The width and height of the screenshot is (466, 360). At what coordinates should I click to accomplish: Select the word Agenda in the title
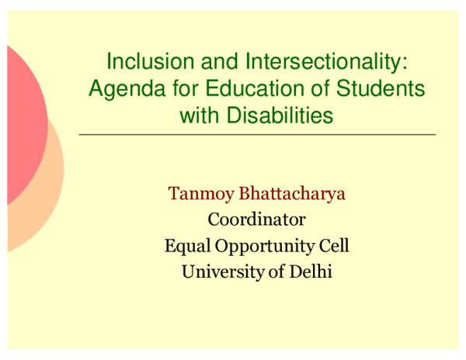pos(120,88)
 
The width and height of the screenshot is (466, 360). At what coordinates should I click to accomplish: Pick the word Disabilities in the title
pos(280,116)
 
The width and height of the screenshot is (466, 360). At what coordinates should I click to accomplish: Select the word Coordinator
pos(256,220)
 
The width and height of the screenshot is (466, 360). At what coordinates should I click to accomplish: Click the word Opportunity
pos(264,247)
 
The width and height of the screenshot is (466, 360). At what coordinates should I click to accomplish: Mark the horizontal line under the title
pos(257,134)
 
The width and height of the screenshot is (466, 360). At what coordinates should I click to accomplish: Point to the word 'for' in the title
pos(169,88)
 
